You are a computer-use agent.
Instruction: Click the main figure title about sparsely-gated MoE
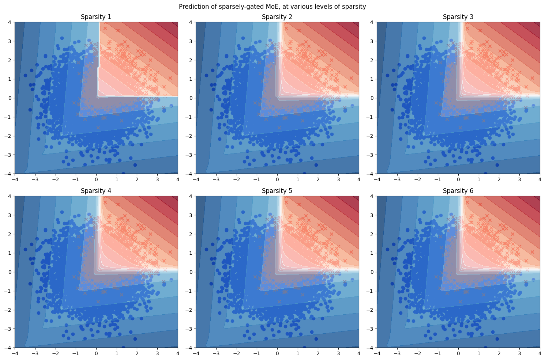point(272,7)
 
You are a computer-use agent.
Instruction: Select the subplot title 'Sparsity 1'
point(96,17)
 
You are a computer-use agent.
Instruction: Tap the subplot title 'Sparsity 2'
point(277,17)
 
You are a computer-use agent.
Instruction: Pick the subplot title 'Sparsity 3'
point(458,17)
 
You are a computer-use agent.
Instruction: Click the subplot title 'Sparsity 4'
point(96,191)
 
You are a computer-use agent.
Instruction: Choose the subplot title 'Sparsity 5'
point(277,191)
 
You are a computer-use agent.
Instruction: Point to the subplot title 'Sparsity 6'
point(458,191)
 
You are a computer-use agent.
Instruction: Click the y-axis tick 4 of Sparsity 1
point(10,22)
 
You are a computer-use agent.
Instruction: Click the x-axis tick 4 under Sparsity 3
point(540,179)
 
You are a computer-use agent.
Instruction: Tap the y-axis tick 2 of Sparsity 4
point(10,234)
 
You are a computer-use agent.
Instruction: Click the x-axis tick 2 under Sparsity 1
point(137,179)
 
